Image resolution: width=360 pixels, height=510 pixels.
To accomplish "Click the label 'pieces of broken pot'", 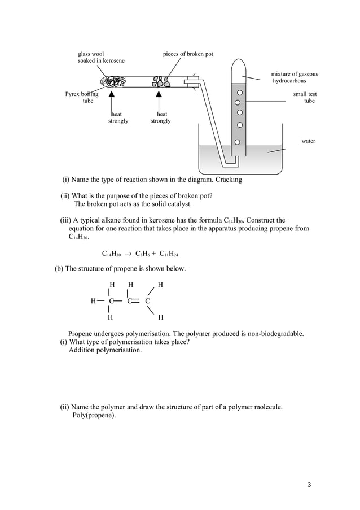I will coord(188,54).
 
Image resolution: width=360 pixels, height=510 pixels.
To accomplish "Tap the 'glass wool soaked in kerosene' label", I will coord(101,58).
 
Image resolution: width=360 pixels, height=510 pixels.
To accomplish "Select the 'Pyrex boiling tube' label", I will coord(82,98).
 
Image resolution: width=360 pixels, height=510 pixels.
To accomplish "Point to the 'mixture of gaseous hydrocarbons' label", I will coord(293,77).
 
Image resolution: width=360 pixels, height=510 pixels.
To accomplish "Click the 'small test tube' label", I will coord(305,97).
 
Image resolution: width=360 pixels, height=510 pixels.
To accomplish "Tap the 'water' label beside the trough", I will coord(308,141).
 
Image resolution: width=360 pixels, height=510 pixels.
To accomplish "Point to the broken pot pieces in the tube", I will coord(161,81).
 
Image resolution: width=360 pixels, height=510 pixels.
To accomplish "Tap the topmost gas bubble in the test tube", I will coord(240,92).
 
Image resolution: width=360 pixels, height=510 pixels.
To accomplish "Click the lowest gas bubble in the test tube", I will coord(238,142).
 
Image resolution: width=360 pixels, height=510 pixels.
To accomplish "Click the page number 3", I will coord(309,485).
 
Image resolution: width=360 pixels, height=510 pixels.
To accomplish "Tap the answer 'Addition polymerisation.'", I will coord(106,350).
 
